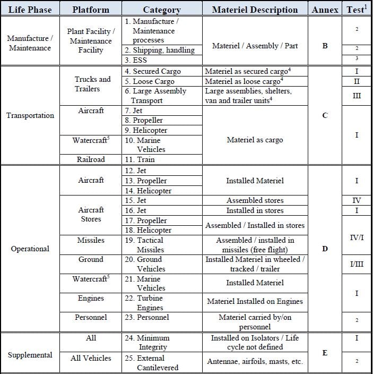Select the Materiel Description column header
point(255,9)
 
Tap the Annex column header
point(325,9)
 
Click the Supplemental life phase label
point(30,355)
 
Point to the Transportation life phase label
point(30,115)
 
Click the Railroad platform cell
point(91,159)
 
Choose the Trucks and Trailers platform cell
point(91,84)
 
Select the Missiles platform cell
point(91,241)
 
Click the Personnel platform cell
point(91,317)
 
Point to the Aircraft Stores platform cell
point(91,215)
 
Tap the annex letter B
point(325,46)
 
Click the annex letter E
point(325,352)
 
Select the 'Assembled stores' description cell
point(255,200)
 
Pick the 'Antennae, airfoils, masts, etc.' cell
point(255,361)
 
